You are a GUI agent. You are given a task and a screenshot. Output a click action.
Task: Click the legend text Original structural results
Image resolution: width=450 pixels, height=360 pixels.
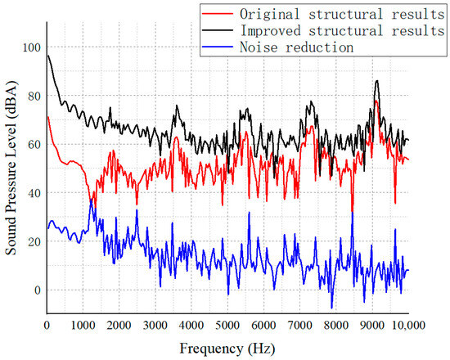point(341,13)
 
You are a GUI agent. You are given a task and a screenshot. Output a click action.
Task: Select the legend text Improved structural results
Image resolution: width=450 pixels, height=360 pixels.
point(341,30)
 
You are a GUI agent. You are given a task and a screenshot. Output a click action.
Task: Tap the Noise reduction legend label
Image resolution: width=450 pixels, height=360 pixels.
point(296,47)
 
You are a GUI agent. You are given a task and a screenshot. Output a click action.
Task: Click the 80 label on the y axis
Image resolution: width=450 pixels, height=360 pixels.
point(32,96)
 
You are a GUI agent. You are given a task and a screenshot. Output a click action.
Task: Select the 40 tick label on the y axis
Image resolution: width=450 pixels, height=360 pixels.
point(32,193)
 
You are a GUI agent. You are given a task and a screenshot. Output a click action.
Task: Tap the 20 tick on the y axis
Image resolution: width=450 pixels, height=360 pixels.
point(32,241)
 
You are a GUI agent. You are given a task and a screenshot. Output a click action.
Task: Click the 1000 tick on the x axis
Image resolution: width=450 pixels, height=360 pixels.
point(83,326)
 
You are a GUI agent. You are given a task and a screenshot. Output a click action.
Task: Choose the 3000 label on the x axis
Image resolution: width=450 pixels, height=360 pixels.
point(155,326)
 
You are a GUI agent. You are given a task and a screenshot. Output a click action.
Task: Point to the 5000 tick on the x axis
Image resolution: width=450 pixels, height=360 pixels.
point(227,326)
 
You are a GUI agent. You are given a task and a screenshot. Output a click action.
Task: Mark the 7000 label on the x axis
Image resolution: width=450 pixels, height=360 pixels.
point(299,326)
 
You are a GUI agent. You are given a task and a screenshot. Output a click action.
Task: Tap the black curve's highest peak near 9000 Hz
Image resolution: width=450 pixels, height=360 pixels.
point(376,81)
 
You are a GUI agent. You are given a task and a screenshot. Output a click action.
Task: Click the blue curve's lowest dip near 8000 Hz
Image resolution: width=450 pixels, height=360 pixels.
point(332,308)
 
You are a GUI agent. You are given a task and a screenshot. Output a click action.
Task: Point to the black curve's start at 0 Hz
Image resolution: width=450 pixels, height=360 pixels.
point(47,56)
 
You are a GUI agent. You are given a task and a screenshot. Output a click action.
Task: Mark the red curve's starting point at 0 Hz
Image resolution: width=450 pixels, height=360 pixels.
point(47,116)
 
